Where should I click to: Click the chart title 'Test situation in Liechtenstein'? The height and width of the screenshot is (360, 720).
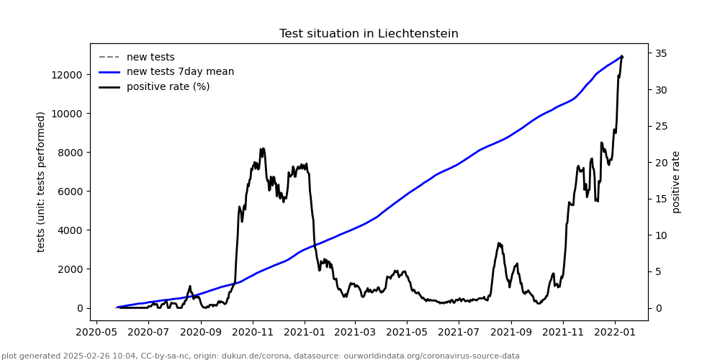pyautogui.click(x=369, y=34)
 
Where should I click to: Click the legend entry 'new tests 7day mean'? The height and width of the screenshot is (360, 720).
pyautogui.click(x=180, y=72)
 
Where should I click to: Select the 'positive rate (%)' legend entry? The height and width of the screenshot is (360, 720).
pyautogui.click(x=168, y=87)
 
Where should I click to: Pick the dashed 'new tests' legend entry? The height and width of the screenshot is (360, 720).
pyautogui.click(x=150, y=58)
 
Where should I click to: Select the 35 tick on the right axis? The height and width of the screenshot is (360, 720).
pyautogui.click(x=661, y=54)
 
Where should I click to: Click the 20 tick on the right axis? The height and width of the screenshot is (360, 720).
pyautogui.click(x=661, y=163)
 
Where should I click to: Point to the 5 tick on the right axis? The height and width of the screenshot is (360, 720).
pyautogui.click(x=658, y=272)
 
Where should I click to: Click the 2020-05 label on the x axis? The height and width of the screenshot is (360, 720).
pyautogui.click(x=96, y=333)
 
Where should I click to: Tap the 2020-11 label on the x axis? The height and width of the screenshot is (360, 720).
pyautogui.click(x=253, y=333)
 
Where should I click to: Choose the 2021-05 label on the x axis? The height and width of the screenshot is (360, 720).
pyautogui.click(x=407, y=333)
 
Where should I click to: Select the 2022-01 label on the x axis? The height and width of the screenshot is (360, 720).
pyautogui.click(x=615, y=333)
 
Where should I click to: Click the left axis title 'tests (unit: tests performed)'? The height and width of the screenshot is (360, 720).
pyautogui.click(x=42, y=181)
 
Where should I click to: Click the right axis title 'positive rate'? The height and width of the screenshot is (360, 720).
pyautogui.click(x=676, y=181)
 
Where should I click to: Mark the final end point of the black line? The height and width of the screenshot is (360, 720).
pyautogui.click(x=621, y=56)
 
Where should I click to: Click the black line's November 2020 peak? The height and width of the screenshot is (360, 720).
pyautogui.click(x=262, y=149)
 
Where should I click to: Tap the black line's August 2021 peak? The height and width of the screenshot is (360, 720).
pyautogui.click(x=499, y=243)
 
